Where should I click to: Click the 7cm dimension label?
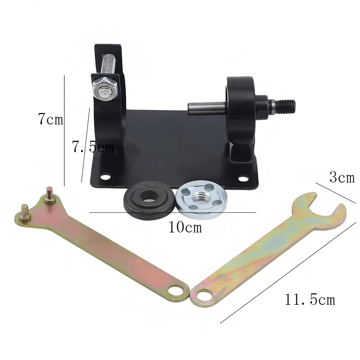(x=50, y=120)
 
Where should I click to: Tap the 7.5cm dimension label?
(x=94, y=147)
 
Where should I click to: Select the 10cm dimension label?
(x=185, y=227)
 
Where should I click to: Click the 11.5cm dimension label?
(x=309, y=299)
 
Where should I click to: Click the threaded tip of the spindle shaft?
(x=286, y=106)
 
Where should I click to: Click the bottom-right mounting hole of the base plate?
(x=243, y=179)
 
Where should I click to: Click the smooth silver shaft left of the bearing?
(x=206, y=108)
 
